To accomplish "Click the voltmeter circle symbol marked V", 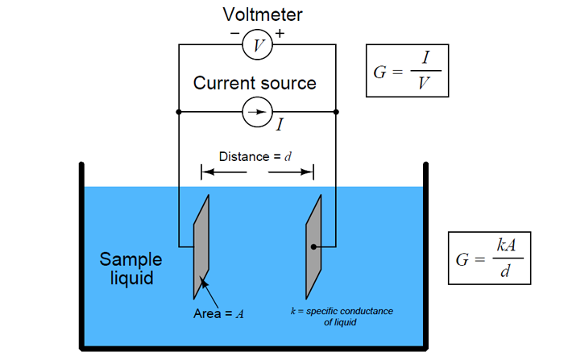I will point(258,46).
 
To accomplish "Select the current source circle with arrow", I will point(258,112).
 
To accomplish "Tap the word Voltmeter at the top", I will point(255,14).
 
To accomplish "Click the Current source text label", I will point(255,83).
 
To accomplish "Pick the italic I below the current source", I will point(280,125).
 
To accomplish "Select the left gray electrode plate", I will point(201,245).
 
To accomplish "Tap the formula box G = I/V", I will point(406,71).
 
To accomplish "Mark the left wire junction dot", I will point(178,112).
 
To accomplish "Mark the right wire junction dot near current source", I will point(336,112).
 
